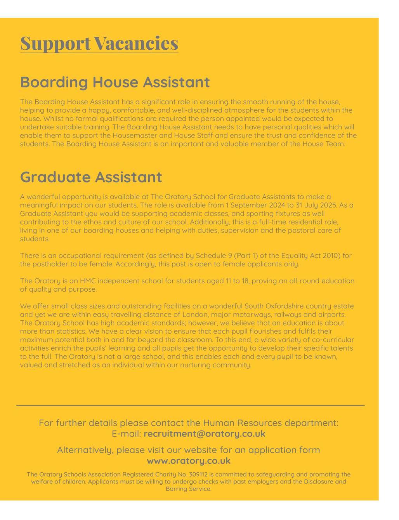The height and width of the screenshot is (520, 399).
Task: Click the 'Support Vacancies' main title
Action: [x=99, y=43]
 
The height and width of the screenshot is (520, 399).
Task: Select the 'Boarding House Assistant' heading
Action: [x=114, y=82]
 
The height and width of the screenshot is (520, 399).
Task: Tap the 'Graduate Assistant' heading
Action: [x=91, y=177]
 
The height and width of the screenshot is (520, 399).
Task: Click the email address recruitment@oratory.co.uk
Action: [x=204, y=434]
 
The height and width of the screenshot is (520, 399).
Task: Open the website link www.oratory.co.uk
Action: [x=189, y=461]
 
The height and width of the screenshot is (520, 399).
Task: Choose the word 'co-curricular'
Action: [x=333, y=340]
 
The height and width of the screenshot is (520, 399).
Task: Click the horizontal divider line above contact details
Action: [x=190, y=405]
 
